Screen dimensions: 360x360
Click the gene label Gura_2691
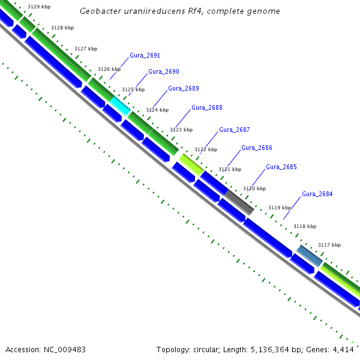coord(145,55)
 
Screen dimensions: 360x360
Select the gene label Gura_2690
coord(164,71)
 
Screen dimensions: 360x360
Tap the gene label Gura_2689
coord(184,88)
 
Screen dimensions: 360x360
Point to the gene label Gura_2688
coord(207,107)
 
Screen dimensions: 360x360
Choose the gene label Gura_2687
coord(235,130)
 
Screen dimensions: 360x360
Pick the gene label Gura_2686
coord(257,148)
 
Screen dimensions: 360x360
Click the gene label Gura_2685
coord(281,167)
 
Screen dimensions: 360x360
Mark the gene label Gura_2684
coord(317,194)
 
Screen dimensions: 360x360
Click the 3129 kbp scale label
coord(39,7)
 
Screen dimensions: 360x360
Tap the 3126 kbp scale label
coord(109,69)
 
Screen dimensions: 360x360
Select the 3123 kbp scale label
coord(181,130)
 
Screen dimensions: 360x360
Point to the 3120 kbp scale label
coord(254,188)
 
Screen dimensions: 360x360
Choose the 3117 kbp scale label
coord(329,245)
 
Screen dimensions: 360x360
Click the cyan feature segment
coord(119,106)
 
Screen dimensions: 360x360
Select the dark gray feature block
coord(240,202)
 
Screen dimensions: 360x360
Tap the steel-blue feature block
coord(310,255)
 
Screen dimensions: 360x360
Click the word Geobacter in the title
coord(99,11)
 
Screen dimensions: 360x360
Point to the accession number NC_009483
coord(64,349)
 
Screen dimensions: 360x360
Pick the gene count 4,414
coord(344,349)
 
